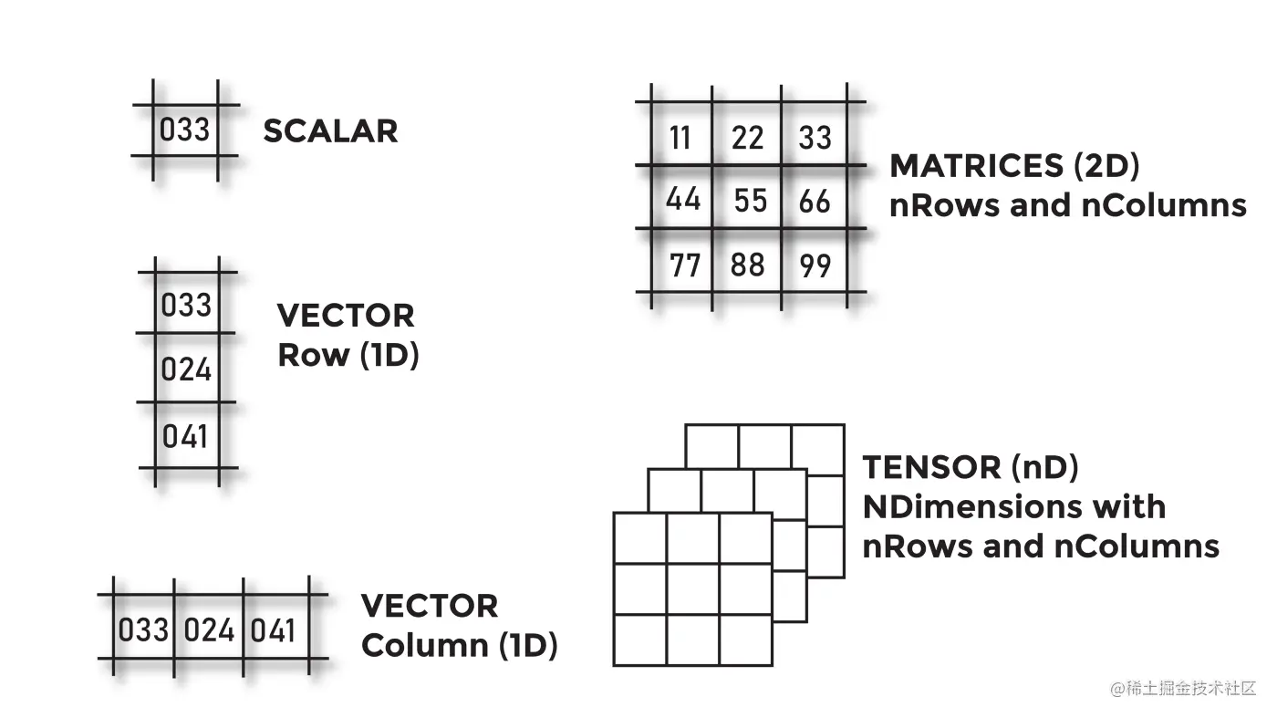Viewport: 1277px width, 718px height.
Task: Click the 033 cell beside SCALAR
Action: (x=185, y=130)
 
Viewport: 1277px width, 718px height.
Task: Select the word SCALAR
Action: (x=330, y=131)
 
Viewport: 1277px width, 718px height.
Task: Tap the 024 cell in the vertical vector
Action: (x=186, y=369)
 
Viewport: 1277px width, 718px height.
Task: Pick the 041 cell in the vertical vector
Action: (x=186, y=436)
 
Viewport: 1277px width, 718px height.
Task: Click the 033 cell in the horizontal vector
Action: (x=144, y=630)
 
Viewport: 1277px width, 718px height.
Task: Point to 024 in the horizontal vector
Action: (x=210, y=630)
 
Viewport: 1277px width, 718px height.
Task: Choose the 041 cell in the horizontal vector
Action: (x=274, y=630)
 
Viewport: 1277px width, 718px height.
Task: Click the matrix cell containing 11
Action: (x=680, y=138)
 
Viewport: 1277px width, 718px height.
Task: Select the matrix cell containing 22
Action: (x=748, y=138)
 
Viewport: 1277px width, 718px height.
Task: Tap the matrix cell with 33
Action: (x=815, y=138)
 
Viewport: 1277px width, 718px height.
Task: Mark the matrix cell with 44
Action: (x=682, y=199)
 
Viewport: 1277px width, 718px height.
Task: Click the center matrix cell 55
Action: (x=750, y=200)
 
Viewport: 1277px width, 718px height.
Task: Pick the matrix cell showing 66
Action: (x=815, y=200)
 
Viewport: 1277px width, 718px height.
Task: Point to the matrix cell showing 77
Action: (x=684, y=265)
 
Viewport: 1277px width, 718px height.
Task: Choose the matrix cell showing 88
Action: (x=748, y=265)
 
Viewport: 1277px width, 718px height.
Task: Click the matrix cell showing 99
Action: (x=815, y=265)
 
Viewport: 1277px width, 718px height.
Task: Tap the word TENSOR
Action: (x=931, y=467)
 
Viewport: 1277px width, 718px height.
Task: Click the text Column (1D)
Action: (x=459, y=645)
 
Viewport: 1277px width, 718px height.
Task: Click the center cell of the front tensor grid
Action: (x=693, y=589)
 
